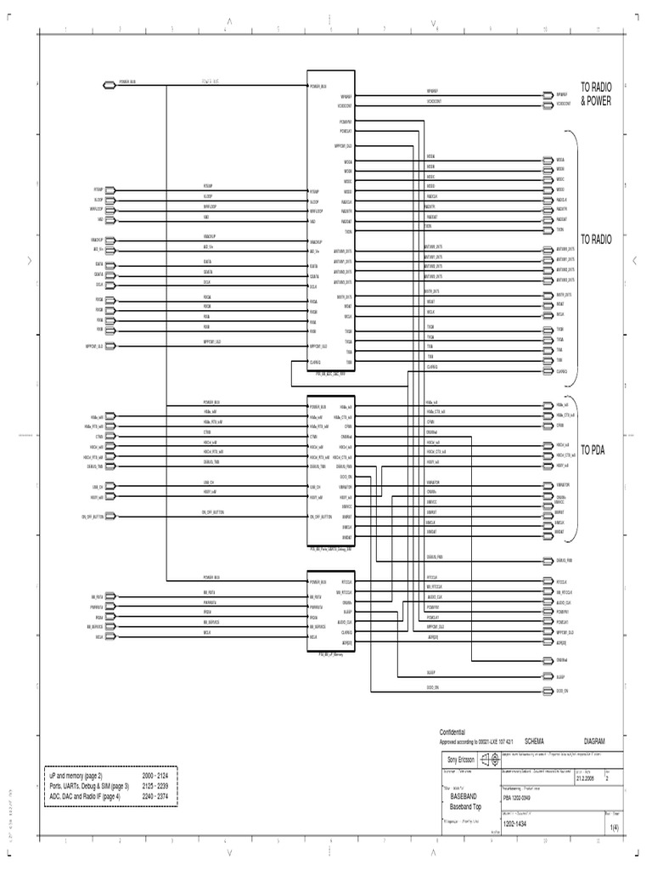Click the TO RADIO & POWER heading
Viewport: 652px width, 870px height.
pyautogui.click(x=596, y=93)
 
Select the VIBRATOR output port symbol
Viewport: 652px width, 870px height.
pyautogui.click(x=546, y=483)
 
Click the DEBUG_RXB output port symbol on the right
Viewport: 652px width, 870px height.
pyautogui.click(x=546, y=561)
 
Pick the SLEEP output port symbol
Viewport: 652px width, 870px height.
pyautogui.click(x=546, y=677)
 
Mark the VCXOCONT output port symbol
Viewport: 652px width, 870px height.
pyautogui.click(x=546, y=105)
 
